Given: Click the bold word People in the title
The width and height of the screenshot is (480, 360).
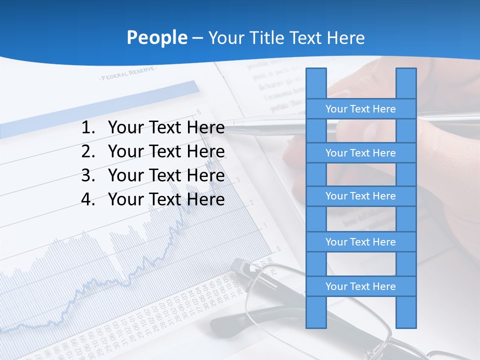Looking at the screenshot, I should [x=157, y=37].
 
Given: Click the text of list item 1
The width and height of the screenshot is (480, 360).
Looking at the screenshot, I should [x=166, y=128].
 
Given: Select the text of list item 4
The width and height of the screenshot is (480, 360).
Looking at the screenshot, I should [x=166, y=199].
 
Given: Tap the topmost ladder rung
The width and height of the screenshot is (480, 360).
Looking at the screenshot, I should [x=360, y=109].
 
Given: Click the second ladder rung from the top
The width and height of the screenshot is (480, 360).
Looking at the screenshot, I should [x=360, y=153].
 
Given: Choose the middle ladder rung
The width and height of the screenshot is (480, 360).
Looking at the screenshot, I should [x=360, y=196].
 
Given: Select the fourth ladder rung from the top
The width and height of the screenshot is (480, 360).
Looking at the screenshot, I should [x=360, y=242].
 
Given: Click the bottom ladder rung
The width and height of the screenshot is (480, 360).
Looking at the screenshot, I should [x=360, y=286].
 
